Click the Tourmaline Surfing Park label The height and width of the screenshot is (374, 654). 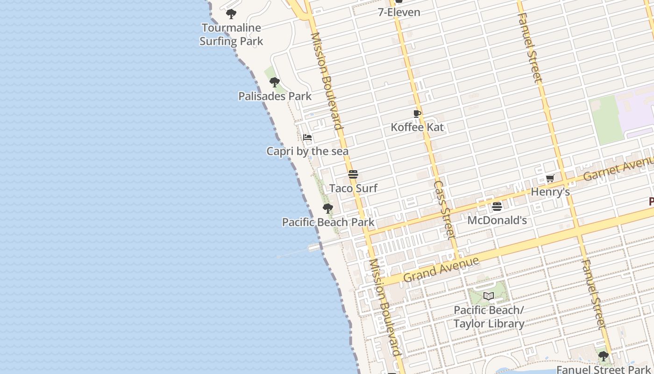(231, 35)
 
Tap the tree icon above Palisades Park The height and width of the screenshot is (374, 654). (275, 82)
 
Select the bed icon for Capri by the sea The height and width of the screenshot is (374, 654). (307, 137)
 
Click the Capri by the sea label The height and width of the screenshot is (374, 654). (307, 151)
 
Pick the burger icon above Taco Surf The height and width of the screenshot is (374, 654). (353, 175)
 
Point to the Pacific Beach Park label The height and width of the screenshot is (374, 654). (328, 222)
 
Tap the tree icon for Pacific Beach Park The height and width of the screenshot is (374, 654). (328, 208)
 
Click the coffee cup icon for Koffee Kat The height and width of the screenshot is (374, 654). (417, 114)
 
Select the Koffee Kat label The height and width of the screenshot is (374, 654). (417, 127)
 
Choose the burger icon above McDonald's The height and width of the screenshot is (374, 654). (497, 206)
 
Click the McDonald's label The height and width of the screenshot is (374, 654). (497, 220)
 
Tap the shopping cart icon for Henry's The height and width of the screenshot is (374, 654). (550, 178)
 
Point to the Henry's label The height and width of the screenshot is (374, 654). (550, 192)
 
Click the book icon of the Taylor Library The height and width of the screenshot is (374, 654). (489, 296)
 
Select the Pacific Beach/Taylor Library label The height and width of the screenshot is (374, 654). (489, 316)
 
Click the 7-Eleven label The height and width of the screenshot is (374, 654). (399, 12)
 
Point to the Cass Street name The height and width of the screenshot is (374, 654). (444, 210)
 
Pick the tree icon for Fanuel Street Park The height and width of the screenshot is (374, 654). (604, 356)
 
